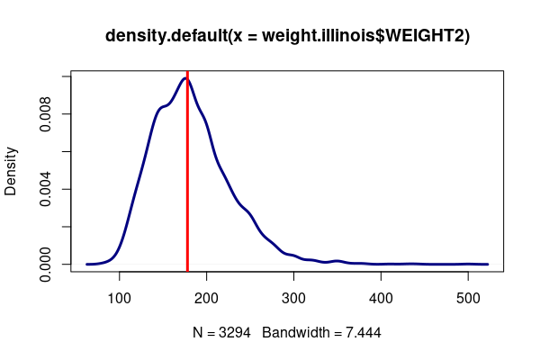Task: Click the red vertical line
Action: [x=187, y=180]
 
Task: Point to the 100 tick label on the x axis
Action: [x=120, y=297]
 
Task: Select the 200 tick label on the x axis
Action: [x=207, y=297]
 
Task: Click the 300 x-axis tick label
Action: [x=293, y=297]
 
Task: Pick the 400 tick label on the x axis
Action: [x=381, y=297]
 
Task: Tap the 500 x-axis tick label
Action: [x=468, y=297]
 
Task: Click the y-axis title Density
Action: [x=12, y=171]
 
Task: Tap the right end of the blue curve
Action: [x=487, y=264]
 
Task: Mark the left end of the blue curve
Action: [x=87, y=264]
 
